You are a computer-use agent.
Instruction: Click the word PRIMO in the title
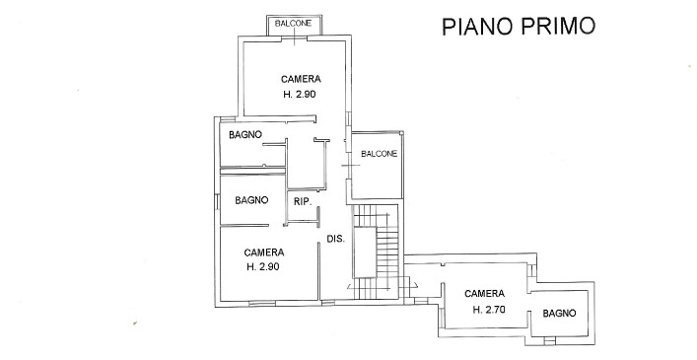[x=558, y=27]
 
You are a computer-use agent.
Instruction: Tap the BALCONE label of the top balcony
[x=294, y=23]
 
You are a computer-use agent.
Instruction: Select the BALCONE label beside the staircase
[x=380, y=154]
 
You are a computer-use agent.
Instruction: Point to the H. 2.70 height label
[x=489, y=310]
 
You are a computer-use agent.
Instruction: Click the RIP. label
[x=303, y=201]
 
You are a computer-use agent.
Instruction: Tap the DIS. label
[x=336, y=239]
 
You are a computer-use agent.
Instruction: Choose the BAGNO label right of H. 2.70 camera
[x=559, y=314]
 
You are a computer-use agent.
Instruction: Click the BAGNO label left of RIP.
[x=251, y=200]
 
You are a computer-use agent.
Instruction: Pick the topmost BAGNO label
[x=245, y=135]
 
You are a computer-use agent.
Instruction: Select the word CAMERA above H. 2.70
[x=484, y=294]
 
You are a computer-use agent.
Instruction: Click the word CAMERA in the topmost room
[x=301, y=79]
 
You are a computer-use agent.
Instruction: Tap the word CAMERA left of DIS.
[x=264, y=252]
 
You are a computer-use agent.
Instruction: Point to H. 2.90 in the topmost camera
[x=300, y=95]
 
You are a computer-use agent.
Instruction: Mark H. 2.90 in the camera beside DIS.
[x=263, y=266]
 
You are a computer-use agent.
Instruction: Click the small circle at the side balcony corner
[x=401, y=132]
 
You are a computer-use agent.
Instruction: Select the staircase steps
[x=376, y=252]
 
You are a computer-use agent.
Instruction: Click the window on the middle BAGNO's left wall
[x=217, y=201]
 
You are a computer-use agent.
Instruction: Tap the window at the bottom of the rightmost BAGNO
[x=550, y=342]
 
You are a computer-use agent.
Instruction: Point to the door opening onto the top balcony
[x=294, y=39]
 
